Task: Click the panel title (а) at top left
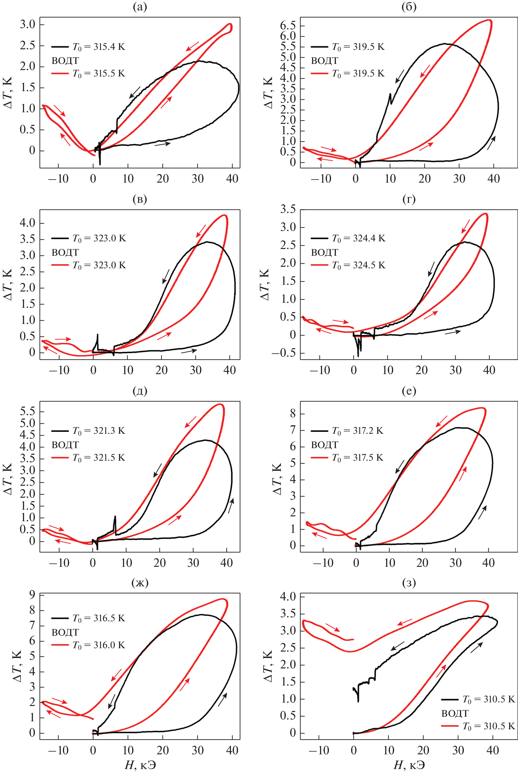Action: click(140, 7)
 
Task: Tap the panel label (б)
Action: click(409, 7)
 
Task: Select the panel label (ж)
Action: click(140, 583)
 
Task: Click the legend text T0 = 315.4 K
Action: click(99, 47)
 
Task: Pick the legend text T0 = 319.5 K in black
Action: click(358, 47)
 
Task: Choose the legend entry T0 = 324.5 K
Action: click(358, 266)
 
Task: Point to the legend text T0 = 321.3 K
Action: click(99, 431)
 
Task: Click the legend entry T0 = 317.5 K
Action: click(357, 458)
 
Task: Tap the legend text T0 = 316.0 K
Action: click(99, 645)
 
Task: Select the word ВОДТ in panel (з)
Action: click(455, 713)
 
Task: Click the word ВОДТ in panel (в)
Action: click(65, 253)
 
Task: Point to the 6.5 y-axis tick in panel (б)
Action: click(288, 26)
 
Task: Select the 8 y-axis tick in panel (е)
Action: click(293, 413)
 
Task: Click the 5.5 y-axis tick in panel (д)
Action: click(28, 411)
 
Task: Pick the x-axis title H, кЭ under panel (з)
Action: click(409, 765)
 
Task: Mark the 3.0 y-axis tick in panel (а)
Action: click(28, 24)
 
